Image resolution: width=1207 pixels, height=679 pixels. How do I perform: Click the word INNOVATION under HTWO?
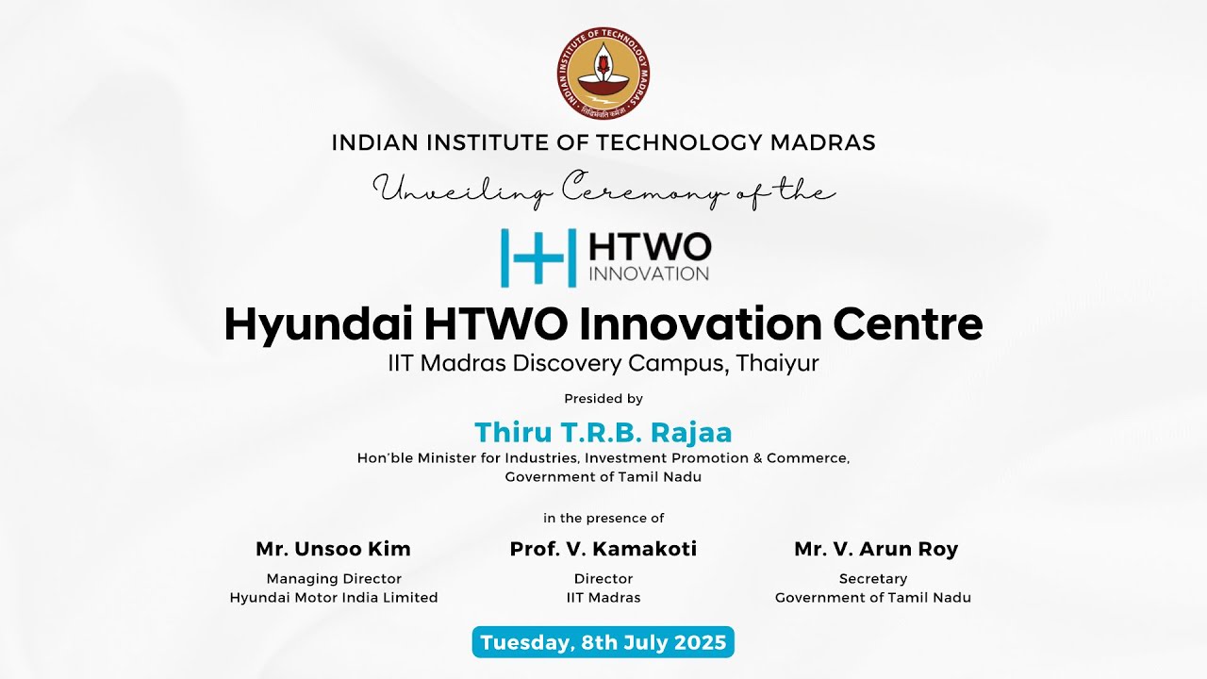[649, 273]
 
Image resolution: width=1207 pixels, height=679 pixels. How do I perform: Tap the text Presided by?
[603, 399]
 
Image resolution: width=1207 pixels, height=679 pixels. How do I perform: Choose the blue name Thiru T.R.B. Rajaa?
[603, 432]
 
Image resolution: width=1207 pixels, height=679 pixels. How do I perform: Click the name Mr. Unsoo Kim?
[333, 549]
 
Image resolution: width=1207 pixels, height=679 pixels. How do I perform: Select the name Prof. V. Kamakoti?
[603, 549]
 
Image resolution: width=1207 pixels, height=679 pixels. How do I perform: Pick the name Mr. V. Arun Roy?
[876, 549]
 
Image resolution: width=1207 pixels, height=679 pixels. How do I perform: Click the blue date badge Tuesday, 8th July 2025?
[603, 642]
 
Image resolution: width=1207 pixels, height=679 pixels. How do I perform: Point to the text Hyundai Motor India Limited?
[334, 597]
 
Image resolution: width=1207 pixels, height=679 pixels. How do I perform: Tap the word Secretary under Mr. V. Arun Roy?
[873, 578]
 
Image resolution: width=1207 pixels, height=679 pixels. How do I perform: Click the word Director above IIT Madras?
[603, 578]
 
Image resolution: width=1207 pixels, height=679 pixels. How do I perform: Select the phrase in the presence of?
[603, 518]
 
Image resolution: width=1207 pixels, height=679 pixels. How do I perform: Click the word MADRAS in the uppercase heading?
[823, 142]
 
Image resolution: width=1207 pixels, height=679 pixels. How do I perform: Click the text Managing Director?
[334, 578]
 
